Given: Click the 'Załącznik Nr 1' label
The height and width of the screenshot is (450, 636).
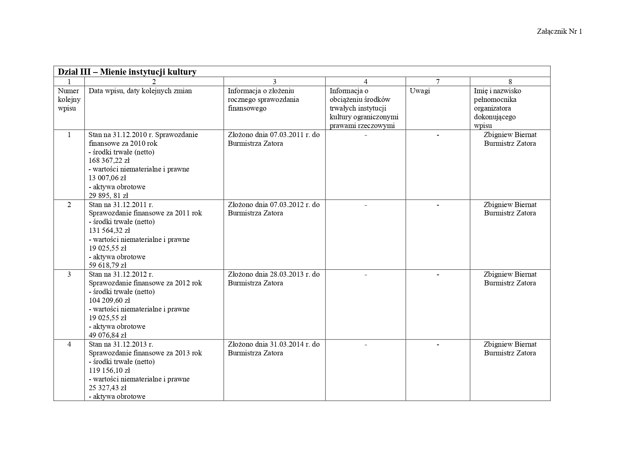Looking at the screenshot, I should click(559, 32).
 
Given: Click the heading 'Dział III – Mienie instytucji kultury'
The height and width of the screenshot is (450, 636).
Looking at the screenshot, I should click(127, 72).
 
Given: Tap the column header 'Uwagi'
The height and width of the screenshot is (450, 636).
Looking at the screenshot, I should click(420, 91).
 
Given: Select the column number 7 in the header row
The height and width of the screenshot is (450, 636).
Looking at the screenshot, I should click(437, 82).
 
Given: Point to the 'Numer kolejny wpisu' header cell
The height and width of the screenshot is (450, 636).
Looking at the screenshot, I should click(69, 99).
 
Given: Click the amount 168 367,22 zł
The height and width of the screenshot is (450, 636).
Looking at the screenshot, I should click(109, 160).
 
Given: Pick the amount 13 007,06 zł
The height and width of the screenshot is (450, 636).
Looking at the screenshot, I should click(107, 178).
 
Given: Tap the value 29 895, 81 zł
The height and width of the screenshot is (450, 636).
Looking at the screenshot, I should click(108, 195).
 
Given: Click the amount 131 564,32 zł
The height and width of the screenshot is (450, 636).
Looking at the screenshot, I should click(109, 230).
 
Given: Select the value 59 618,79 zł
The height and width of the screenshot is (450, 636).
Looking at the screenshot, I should click(107, 265).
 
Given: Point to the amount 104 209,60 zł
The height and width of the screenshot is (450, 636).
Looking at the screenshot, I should click(109, 300).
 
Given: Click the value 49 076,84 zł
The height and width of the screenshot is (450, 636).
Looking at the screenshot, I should click(107, 335).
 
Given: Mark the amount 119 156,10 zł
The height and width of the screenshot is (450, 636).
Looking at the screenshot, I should click(109, 370).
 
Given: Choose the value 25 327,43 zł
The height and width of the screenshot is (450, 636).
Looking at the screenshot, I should click(107, 388).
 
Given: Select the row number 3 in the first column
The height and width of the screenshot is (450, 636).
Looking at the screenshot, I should click(69, 274).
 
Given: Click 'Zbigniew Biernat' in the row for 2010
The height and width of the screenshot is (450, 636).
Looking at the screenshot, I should click(510, 135).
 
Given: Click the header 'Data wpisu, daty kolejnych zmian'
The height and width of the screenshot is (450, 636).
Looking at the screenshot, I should click(140, 91).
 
